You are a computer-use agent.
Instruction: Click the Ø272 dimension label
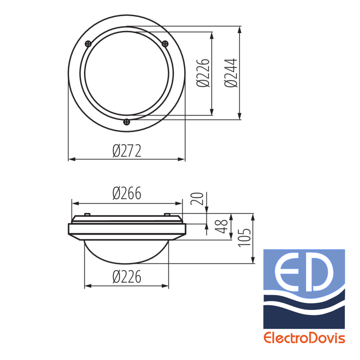click(x=127, y=151)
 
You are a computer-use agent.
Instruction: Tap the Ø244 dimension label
click(x=231, y=73)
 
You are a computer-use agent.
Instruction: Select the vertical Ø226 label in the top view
click(x=203, y=73)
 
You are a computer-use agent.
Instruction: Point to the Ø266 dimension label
click(x=127, y=193)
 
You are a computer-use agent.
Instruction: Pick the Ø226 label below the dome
click(x=127, y=277)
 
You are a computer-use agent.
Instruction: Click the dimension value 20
click(x=197, y=198)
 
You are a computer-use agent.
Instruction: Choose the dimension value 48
click(x=221, y=226)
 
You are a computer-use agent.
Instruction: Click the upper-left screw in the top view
click(x=88, y=44)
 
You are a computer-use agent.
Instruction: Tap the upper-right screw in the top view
click(x=165, y=44)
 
